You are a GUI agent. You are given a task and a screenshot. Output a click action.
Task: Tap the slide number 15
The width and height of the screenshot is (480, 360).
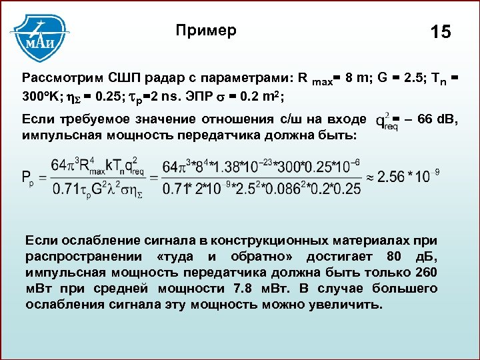pos(441,32)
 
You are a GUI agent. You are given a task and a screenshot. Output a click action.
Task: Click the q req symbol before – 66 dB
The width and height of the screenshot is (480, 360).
pos(385,123)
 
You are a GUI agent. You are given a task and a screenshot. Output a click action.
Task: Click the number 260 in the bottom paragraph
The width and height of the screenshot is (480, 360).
pos(425,273)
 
